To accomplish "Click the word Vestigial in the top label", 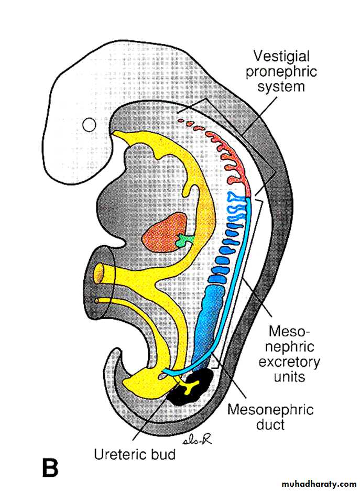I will pyautogui.click(x=281, y=56).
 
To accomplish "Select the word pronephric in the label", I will pyautogui.click(x=281, y=71).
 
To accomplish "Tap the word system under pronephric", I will pyautogui.click(x=281, y=86).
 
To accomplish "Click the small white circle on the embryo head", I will pyautogui.click(x=90, y=125).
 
